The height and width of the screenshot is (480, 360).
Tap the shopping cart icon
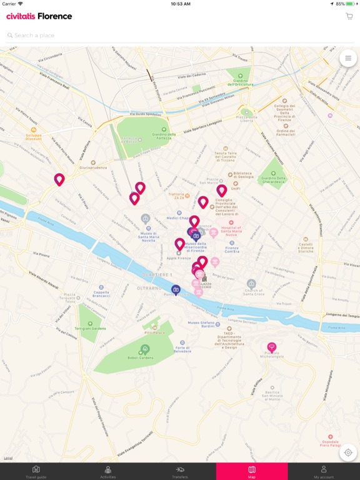point(349,16)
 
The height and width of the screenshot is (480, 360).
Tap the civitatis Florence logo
point(39,16)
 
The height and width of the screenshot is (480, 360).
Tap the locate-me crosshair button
point(347,452)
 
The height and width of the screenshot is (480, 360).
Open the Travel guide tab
point(36,471)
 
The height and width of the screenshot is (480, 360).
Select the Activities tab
point(108,471)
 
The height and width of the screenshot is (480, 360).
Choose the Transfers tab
point(180,471)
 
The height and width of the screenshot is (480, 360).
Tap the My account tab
point(324,471)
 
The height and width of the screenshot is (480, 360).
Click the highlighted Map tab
point(252,471)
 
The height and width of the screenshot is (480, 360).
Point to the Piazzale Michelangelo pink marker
point(271,347)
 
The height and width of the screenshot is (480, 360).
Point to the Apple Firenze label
point(179,257)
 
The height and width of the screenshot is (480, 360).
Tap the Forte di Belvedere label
point(182,351)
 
